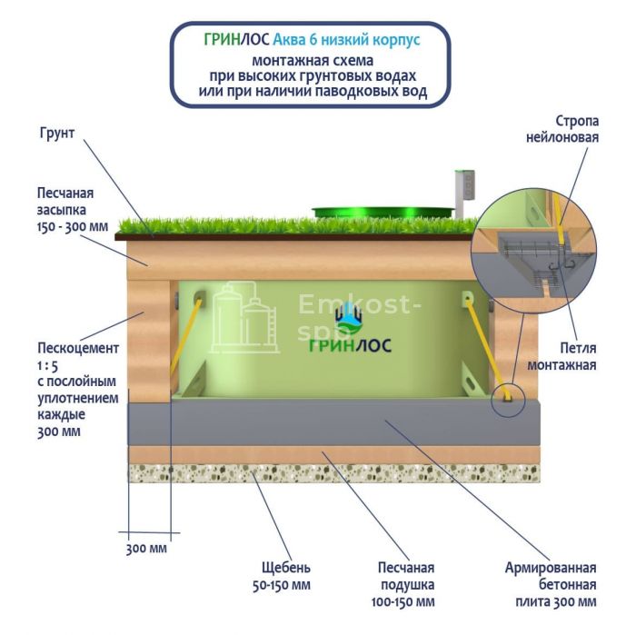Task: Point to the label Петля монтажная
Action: coord(564,356)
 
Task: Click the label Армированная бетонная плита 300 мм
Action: coord(551,584)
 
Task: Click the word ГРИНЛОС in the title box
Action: coord(235,41)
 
